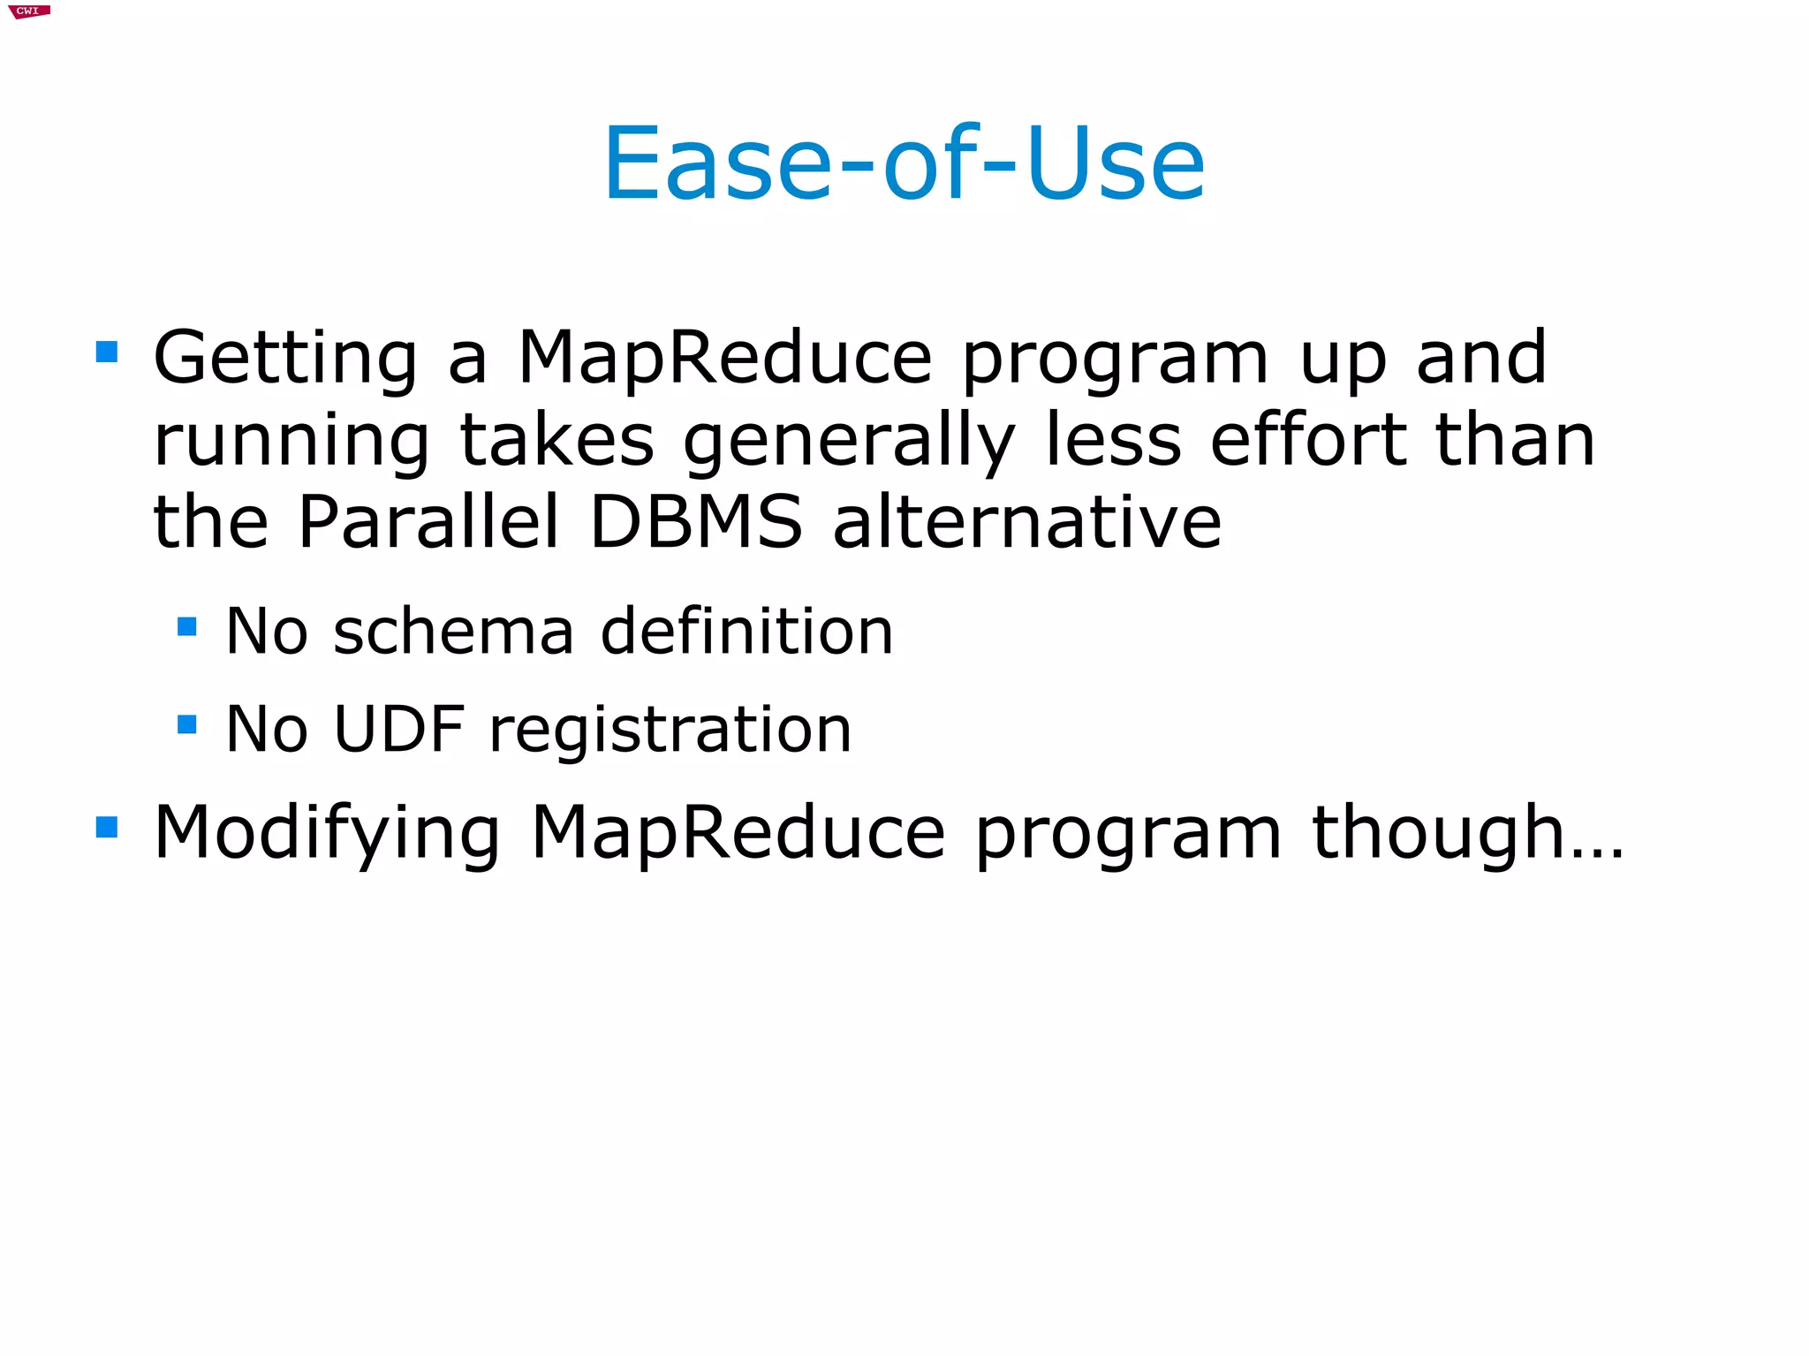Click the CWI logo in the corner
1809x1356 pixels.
28,11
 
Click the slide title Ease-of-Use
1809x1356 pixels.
904,164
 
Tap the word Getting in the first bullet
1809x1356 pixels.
285,359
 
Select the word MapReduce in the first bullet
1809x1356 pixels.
724,359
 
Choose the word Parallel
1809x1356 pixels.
428,521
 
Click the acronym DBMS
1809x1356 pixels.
696,521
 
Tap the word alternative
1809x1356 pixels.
1027,521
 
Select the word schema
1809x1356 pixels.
453,632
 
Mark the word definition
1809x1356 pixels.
746,632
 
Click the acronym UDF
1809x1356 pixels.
399,730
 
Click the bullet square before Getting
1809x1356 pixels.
107,352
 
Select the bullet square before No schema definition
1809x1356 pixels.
186,626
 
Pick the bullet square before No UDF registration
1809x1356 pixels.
186,724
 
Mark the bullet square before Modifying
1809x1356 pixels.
107,827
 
